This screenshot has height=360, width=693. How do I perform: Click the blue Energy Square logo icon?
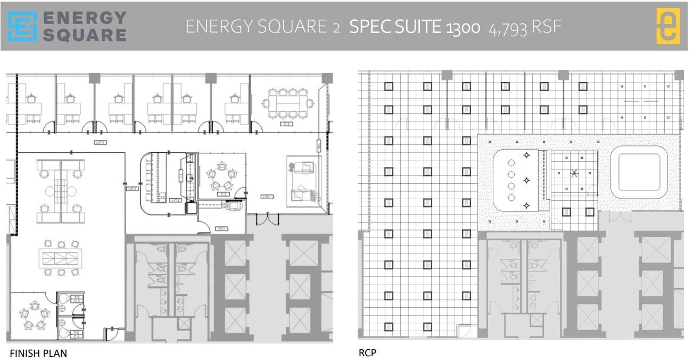pos(23,27)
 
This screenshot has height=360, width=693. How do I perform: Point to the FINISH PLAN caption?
pos(38,353)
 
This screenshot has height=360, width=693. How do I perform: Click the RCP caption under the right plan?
pos(367,352)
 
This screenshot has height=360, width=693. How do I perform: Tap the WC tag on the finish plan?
pos(318,145)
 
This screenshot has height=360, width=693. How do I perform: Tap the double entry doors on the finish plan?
pos(266,218)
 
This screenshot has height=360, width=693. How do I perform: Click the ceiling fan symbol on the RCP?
pos(574,173)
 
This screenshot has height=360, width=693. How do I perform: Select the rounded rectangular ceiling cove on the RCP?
pos(639,172)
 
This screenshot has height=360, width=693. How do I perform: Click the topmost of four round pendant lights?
pos(511,162)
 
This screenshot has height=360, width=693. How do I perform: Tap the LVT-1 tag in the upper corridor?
pos(100,142)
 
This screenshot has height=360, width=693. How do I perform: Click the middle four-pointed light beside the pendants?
pos(527,180)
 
